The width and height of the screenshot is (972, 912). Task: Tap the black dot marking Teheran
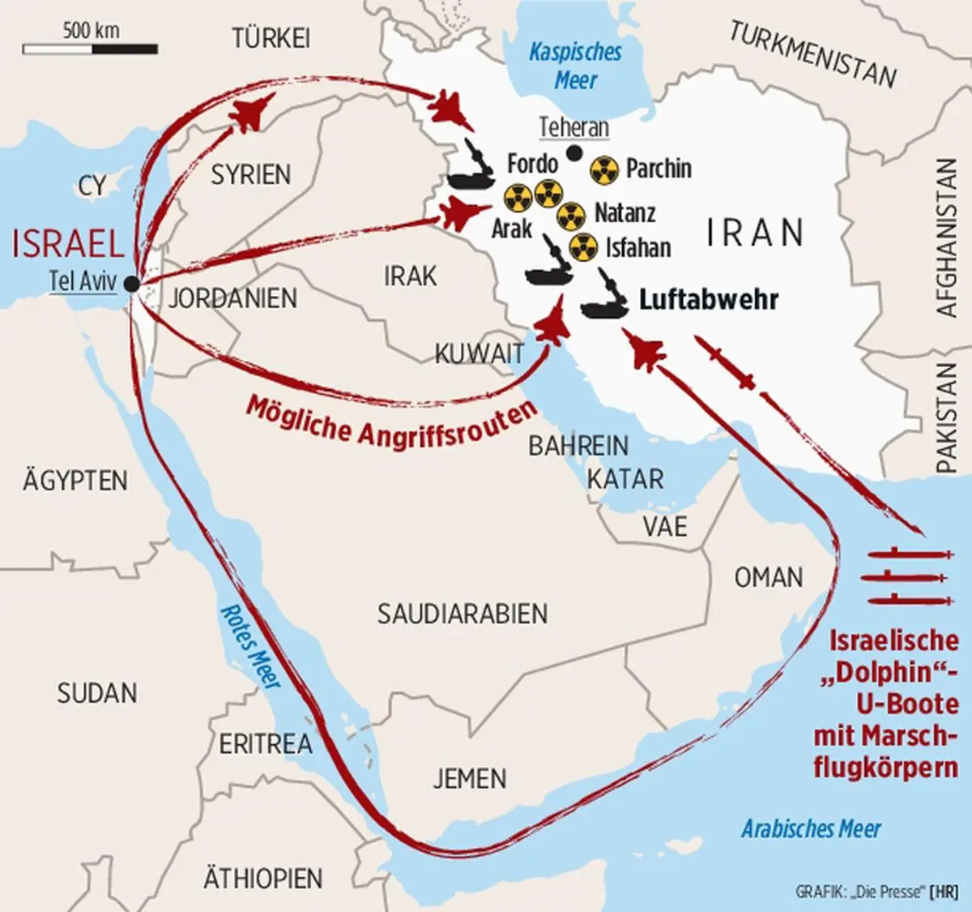pyautogui.click(x=574, y=152)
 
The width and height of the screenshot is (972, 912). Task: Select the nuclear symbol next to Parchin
pyautogui.click(x=604, y=169)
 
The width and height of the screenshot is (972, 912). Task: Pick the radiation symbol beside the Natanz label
pyautogui.click(x=572, y=214)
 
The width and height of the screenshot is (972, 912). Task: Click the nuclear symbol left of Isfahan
pyautogui.click(x=583, y=248)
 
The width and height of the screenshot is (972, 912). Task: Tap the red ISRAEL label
pyautogui.click(x=68, y=242)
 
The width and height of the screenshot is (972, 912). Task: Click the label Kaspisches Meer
pyautogui.click(x=575, y=66)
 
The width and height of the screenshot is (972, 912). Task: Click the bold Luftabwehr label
pyautogui.click(x=709, y=299)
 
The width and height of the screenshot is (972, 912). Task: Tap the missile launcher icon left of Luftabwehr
pyautogui.click(x=606, y=298)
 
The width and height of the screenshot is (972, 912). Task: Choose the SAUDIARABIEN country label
pyautogui.click(x=463, y=614)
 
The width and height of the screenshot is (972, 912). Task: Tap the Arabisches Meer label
pyautogui.click(x=811, y=829)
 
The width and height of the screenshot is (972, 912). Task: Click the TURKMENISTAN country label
pyautogui.click(x=813, y=54)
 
